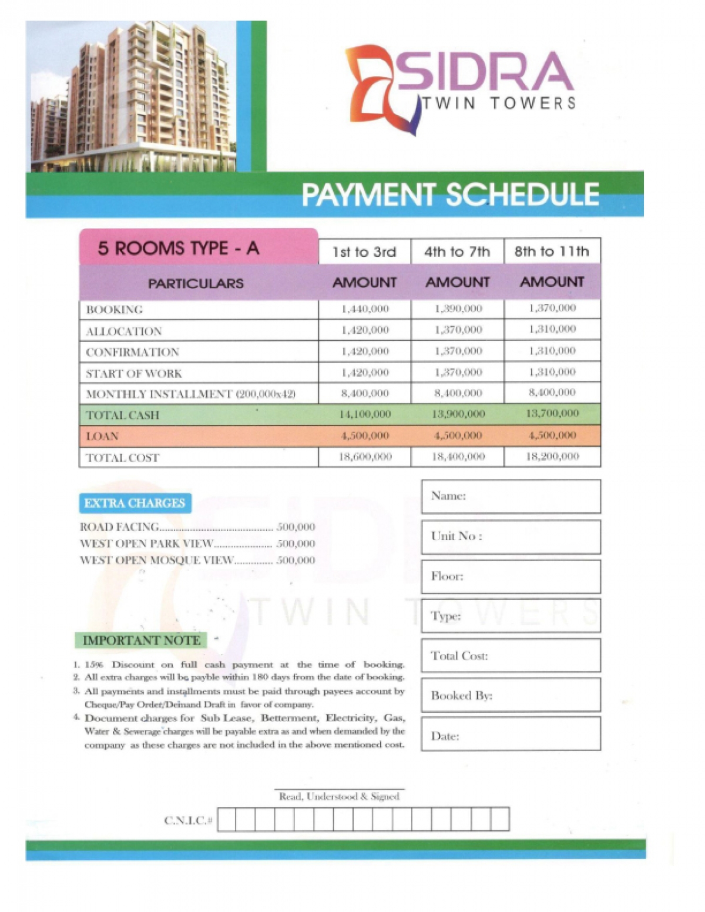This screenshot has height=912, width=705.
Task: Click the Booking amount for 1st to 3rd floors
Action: [x=365, y=309]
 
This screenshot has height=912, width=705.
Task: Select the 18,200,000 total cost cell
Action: [x=552, y=457]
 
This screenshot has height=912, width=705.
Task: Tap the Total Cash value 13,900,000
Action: [x=458, y=414]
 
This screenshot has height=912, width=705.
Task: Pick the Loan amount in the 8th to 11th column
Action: [x=552, y=435]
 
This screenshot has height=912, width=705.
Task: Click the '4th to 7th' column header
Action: [x=457, y=252]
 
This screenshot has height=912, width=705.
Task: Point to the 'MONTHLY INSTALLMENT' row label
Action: [x=190, y=394]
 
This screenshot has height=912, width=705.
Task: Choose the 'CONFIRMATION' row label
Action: [x=132, y=352]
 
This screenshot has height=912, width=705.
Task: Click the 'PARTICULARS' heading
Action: [x=196, y=283]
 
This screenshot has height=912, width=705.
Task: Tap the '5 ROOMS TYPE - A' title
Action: [x=179, y=249]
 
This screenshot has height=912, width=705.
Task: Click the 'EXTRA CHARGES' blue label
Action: [x=135, y=503]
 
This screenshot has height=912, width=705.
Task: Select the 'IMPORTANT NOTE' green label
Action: [x=141, y=640]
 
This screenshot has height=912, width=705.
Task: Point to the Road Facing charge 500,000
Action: [x=296, y=527]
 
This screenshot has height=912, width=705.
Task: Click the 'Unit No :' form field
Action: [x=511, y=537]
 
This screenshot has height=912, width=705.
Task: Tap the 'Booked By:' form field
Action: [x=511, y=695]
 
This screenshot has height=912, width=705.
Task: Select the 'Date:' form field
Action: [x=511, y=735]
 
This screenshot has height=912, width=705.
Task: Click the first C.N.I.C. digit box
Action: [x=227, y=819]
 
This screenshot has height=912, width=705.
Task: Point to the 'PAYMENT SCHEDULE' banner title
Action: [x=450, y=195]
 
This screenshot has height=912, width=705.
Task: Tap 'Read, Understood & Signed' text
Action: [x=339, y=797]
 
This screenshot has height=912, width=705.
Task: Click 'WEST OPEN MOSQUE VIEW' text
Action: [x=156, y=561]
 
